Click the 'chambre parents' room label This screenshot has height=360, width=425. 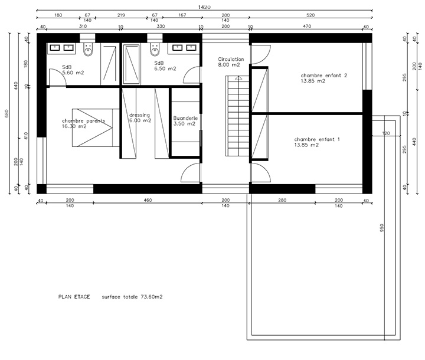(x=83, y=120)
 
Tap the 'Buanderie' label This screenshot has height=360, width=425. (x=185, y=118)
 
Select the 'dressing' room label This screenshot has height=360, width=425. (x=139, y=115)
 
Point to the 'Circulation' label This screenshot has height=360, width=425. (x=231, y=59)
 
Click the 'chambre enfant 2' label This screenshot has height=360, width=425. (x=324, y=76)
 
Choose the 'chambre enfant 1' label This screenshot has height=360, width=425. (x=317, y=139)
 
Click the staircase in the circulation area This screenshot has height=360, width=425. (x=238, y=116)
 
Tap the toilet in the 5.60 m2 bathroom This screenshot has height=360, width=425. (x=88, y=49)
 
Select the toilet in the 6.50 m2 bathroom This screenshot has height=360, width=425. (x=155, y=49)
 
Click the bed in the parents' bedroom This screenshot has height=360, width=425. (x=96, y=127)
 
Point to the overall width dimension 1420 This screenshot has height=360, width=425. (x=204, y=7)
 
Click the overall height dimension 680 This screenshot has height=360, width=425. (x=6, y=113)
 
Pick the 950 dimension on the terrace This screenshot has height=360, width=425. (x=382, y=228)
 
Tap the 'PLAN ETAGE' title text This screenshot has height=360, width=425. (x=74, y=297)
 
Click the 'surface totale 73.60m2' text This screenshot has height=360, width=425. (x=132, y=297)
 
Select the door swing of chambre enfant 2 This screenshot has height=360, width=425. (x=261, y=55)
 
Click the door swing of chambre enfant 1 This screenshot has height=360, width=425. (x=261, y=172)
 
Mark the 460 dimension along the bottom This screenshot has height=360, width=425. (x=148, y=200)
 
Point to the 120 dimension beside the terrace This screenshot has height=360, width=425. (x=386, y=133)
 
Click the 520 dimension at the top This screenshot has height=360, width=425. (x=310, y=15)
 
